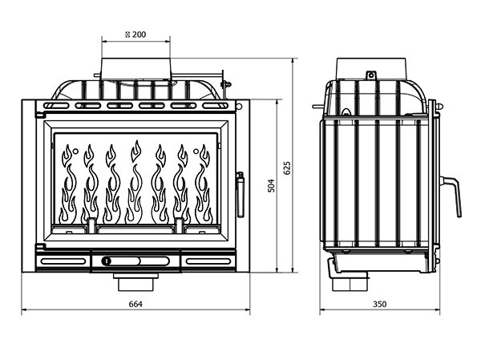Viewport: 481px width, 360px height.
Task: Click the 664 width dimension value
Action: [135, 303]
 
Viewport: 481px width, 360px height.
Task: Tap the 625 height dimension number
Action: [286, 168]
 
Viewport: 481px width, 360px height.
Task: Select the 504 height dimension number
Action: [271, 185]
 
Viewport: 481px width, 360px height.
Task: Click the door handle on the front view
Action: [239, 192]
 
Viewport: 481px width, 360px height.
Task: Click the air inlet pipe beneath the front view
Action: [135, 281]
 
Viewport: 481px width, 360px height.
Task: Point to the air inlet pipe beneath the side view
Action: [351, 281]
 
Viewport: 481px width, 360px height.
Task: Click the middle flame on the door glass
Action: [135, 184]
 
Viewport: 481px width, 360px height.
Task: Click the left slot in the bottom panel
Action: [63, 261]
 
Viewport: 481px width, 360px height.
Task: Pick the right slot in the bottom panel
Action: [208, 261]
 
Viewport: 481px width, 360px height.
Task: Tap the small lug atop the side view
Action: [371, 75]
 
